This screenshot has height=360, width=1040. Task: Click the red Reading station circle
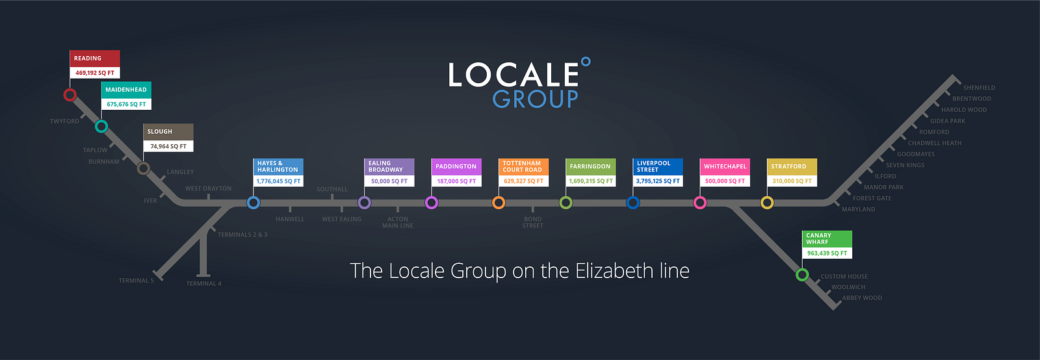point(70,95)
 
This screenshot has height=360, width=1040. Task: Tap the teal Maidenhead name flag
point(126,90)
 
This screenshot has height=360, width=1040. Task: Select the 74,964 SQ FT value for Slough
point(168,146)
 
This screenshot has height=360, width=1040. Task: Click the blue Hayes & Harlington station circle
point(253,203)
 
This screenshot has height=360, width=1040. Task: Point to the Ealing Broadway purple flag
point(389,166)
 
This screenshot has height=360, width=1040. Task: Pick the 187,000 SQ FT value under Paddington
point(456,181)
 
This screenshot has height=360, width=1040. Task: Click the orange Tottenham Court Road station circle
point(499,203)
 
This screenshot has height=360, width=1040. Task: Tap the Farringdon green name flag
point(590,166)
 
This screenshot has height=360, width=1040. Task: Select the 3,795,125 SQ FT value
point(658,181)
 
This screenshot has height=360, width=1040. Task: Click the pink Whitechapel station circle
point(700,203)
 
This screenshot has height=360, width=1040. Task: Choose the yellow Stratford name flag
point(792,166)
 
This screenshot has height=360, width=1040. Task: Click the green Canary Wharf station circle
point(802,274)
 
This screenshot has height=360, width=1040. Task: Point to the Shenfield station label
point(979,88)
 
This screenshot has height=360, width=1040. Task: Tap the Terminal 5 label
point(136,281)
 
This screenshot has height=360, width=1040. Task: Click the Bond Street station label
point(532,222)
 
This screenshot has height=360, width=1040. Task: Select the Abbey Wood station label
point(862,298)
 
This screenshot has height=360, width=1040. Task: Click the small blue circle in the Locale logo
point(586,62)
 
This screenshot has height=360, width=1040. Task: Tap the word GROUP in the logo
point(535,99)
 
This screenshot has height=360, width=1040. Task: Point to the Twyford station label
point(64,122)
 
